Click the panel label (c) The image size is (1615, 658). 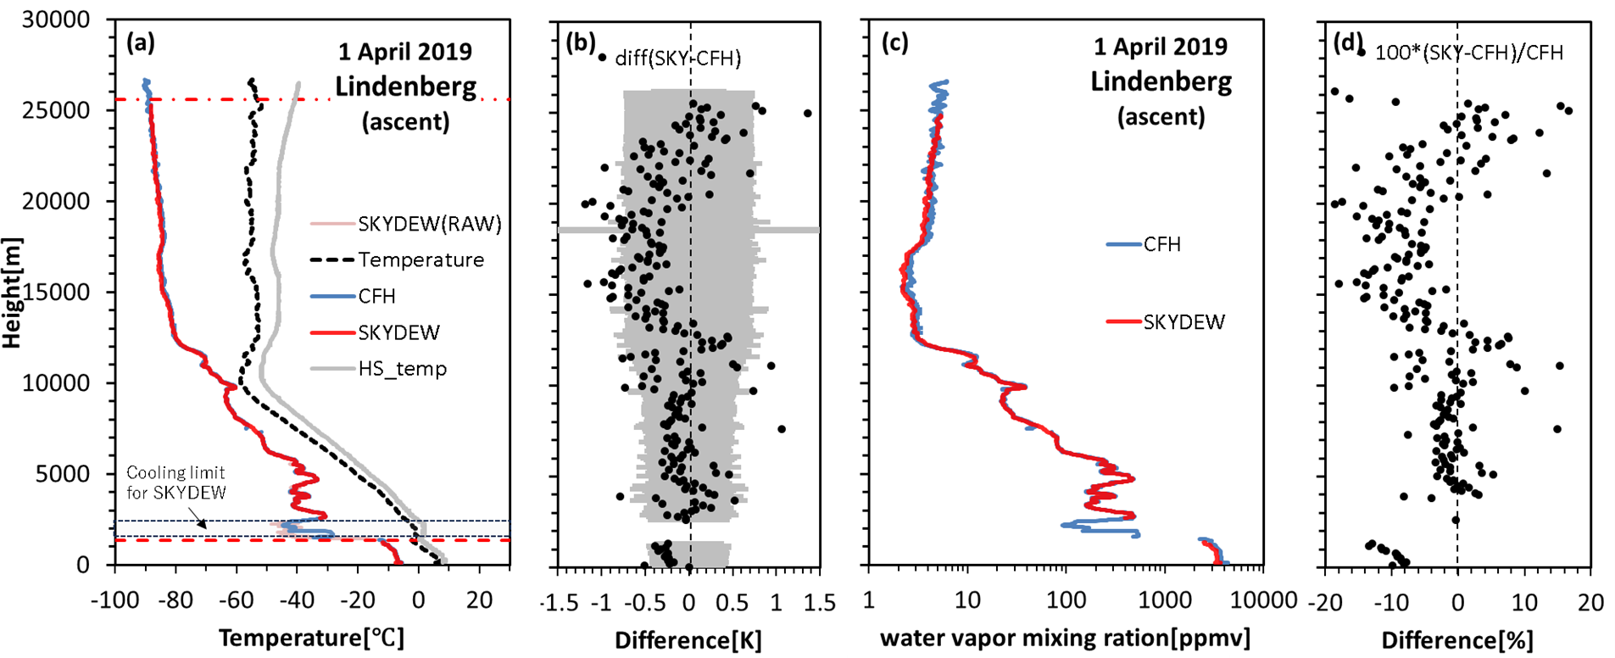click(894, 43)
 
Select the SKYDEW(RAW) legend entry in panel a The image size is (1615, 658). click(429, 224)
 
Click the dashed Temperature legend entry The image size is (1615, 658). click(420, 259)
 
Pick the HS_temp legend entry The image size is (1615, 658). click(402, 369)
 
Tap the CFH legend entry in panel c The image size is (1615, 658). click(1161, 244)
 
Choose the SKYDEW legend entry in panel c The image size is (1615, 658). click(1183, 322)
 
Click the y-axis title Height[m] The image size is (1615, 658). click(12, 293)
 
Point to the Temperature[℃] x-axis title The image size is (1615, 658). click(311, 638)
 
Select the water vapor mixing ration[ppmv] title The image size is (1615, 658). click(1065, 638)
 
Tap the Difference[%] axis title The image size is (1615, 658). click(1457, 640)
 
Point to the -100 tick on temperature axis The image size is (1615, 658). click(114, 600)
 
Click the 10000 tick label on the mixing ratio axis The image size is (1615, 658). click(1263, 600)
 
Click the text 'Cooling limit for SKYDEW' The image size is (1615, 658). click(175, 482)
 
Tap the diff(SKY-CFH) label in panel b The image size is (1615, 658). click(677, 58)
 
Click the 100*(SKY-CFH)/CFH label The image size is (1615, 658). click(1468, 53)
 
